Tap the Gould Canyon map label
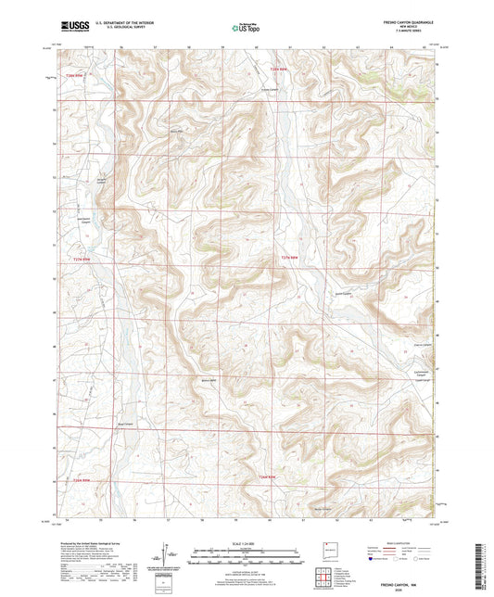(x=340, y=293)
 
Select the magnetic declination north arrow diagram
(x=170, y=556)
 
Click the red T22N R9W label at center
(x=290, y=257)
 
